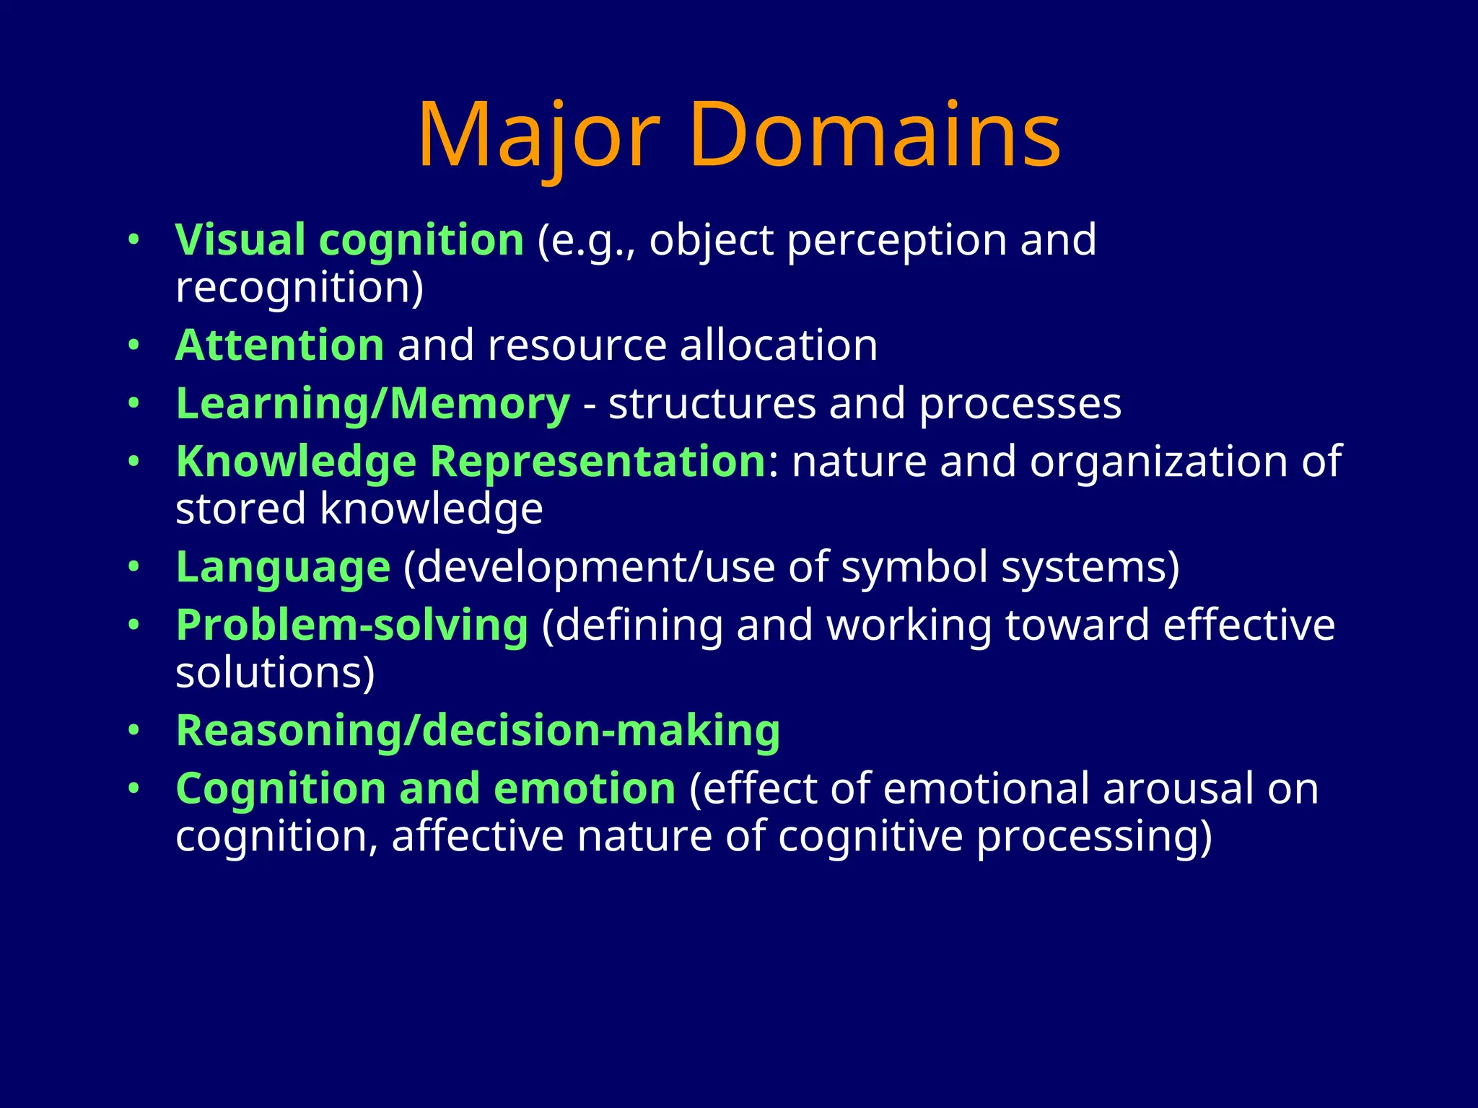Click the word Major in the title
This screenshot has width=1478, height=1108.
pos(538,136)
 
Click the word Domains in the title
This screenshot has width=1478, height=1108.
pos(875,136)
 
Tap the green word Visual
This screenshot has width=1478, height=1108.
pos(240,239)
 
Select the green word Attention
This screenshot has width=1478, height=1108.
pos(280,345)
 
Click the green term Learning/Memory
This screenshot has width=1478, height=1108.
pos(372,403)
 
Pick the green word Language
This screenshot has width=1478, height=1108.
pos(283,567)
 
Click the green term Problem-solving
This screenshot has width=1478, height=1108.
pos(352,625)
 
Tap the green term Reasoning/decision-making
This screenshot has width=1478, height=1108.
pos(478,730)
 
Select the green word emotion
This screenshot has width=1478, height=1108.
pos(585,788)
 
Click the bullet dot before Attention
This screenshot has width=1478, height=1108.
pos(133,346)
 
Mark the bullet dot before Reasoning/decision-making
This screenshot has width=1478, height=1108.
pos(133,731)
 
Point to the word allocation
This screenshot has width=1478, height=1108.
pos(778,345)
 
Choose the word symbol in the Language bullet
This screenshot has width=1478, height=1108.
pos(914,567)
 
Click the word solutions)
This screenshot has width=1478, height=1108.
pos(275,672)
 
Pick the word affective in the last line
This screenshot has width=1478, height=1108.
pos(477,836)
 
